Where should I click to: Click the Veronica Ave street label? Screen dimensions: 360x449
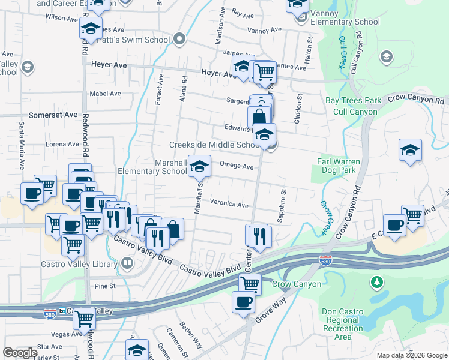pos(229,205)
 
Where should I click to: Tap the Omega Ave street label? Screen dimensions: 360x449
pos(237,166)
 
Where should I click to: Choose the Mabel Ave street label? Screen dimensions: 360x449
pos(105,94)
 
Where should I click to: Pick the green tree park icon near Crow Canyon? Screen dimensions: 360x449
pos(376,281)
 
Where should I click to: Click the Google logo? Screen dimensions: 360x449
pos(20,353)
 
